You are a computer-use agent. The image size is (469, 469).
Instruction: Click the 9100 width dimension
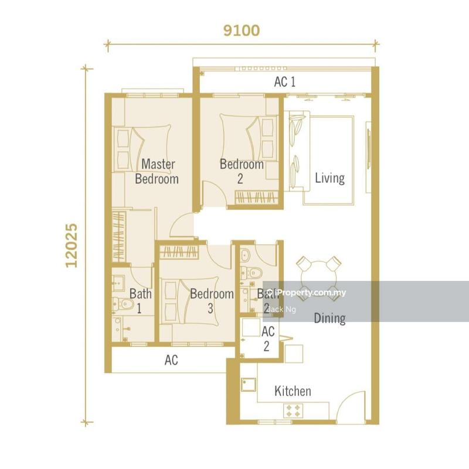(x=241, y=30)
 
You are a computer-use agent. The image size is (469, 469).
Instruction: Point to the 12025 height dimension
(x=72, y=244)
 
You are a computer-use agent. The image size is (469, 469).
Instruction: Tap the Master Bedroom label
(x=157, y=171)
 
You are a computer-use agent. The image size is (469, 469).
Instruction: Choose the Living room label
(x=329, y=178)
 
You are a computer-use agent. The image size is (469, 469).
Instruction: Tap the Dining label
(x=329, y=318)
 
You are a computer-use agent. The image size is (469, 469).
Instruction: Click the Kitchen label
(x=293, y=391)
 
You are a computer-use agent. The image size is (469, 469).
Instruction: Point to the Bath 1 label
(x=140, y=300)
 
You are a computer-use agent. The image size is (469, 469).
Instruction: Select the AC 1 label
(x=285, y=82)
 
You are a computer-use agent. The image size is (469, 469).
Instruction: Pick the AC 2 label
(x=267, y=339)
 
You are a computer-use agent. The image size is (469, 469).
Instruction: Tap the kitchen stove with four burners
(x=293, y=410)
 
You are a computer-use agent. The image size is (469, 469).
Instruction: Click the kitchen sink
(x=247, y=385)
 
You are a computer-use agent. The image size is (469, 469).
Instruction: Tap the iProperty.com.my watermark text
(x=307, y=293)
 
